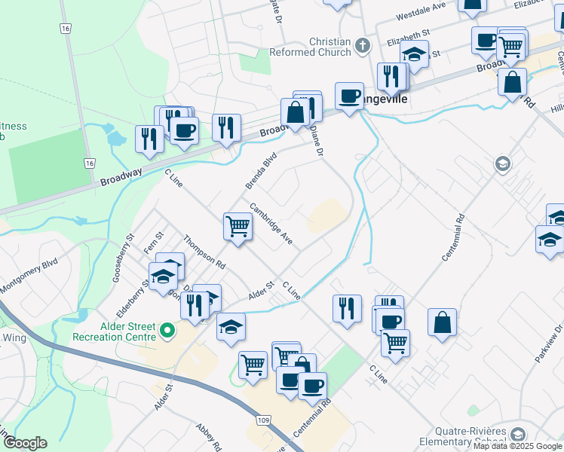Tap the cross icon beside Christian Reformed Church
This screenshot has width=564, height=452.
pos(362,45)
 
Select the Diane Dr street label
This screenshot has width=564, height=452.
pos(317,141)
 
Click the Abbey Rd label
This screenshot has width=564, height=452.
pos(207,436)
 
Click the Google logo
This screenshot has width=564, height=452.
pos(25,443)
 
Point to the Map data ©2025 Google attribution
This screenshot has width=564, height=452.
pos(518,446)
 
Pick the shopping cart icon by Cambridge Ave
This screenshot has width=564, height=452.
pos(238,226)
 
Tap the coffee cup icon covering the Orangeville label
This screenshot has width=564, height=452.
pos(348,96)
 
